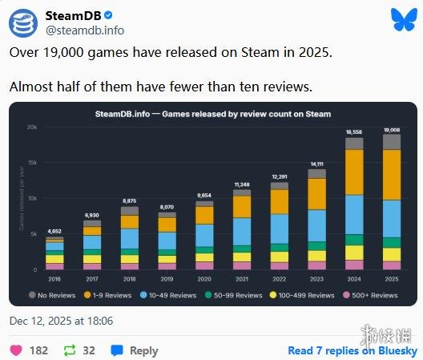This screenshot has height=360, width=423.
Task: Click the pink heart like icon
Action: click(x=15, y=350)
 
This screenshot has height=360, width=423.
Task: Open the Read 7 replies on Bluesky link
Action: click(x=352, y=350)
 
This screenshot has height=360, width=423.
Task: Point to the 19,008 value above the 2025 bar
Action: click(x=391, y=128)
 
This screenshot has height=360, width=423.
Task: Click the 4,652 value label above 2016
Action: click(x=54, y=231)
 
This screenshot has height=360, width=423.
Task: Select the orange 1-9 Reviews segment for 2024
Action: click(x=354, y=172)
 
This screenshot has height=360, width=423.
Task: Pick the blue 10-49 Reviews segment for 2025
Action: click(x=391, y=218)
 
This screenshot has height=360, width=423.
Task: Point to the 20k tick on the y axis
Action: click(x=32, y=128)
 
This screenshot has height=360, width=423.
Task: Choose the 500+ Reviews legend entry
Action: click(x=371, y=295)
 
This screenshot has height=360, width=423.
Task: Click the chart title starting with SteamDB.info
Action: click(x=211, y=114)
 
